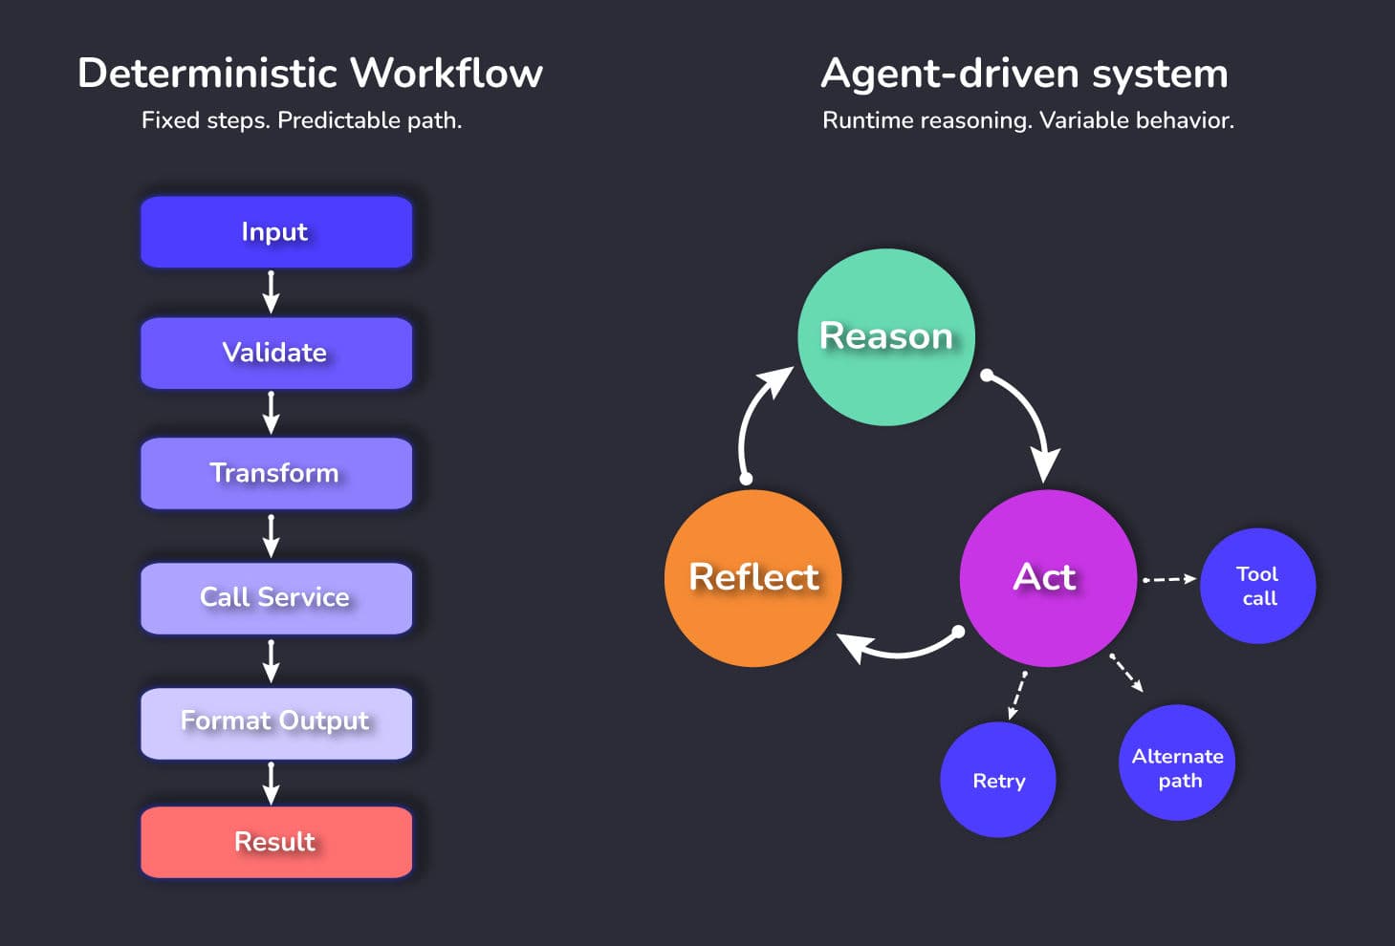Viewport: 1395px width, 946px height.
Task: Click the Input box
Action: click(275, 232)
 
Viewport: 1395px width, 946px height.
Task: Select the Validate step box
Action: click(275, 353)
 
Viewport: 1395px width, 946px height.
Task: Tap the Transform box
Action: click(275, 473)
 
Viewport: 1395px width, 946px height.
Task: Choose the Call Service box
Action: click(275, 597)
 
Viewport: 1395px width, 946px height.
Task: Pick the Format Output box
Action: click(275, 721)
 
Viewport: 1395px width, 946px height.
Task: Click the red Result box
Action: click(275, 842)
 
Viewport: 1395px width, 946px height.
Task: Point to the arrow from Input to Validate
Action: click(272, 292)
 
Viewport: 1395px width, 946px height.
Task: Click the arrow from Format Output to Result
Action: click(272, 784)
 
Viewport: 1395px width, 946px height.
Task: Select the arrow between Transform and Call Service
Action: click(272, 536)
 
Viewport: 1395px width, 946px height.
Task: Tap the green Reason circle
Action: click(885, 336)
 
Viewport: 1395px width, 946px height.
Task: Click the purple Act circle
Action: click(1047, 577)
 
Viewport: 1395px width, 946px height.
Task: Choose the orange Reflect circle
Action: click(753, 577)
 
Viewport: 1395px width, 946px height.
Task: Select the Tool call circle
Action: click(1257, 586)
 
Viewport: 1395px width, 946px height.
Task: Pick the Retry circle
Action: click(998, 781)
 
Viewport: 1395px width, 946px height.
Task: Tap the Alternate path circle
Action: click(1177, 763)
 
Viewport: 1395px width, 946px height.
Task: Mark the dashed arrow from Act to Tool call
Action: click(1169, 579)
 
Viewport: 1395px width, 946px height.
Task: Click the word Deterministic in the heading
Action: click(207, 74)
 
